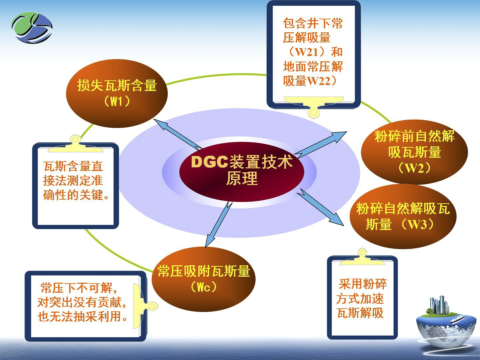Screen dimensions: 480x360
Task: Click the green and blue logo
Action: pyautogui.click(x=32, y=28)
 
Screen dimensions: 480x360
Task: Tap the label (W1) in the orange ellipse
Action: pyautogui.click(x=117, y=101)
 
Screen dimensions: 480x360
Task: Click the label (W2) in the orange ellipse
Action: pyautogui.click(x=414, y=168)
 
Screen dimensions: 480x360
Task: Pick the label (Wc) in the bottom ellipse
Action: pyautogui.click(x=204, y=287)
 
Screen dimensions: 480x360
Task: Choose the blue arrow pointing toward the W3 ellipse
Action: pyautogui.click(x=320, y=207)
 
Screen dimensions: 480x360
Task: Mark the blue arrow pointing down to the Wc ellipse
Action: pyautogui.click(x=218, y=224)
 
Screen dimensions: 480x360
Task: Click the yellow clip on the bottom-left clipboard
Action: pyautogui.click(x=142, y=306)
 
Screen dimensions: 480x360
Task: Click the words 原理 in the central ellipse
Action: pyautogui.click(x=242, y=178)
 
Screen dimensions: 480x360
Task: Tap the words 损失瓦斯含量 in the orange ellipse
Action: pyautogui.click(x=117, y=85)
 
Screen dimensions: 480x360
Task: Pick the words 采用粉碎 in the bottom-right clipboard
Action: pyautogui.click(x=363, y=284)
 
